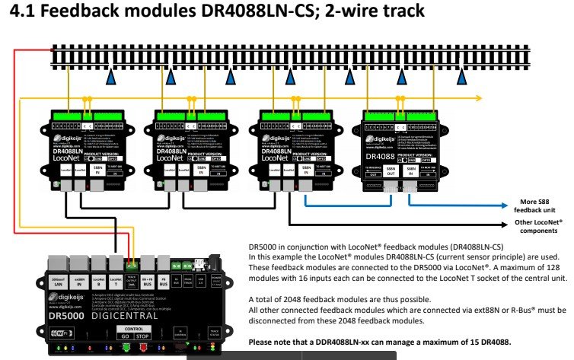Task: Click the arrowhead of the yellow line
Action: click(x=478, y=97)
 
